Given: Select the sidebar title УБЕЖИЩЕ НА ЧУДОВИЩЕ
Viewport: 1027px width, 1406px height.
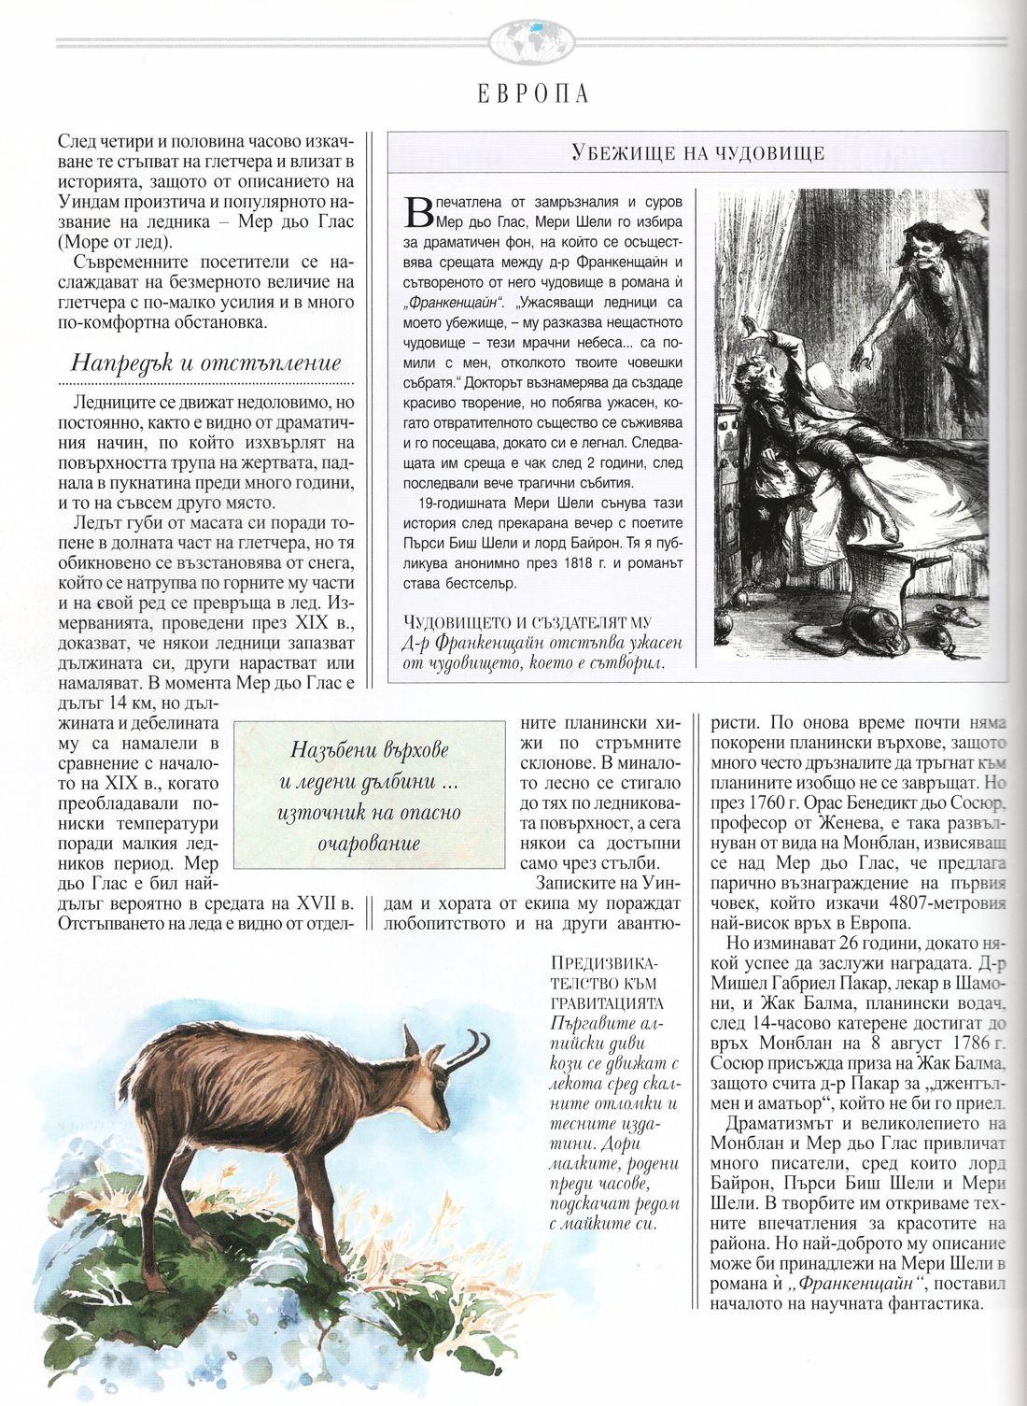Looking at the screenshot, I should pyautogui.click(x=697, y=154).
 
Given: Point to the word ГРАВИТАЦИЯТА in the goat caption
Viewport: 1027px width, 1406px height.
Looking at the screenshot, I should pyautogui.click(x=607, y=1002).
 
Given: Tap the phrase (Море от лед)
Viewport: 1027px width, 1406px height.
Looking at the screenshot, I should pyautogui.click(x=115, y=241).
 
